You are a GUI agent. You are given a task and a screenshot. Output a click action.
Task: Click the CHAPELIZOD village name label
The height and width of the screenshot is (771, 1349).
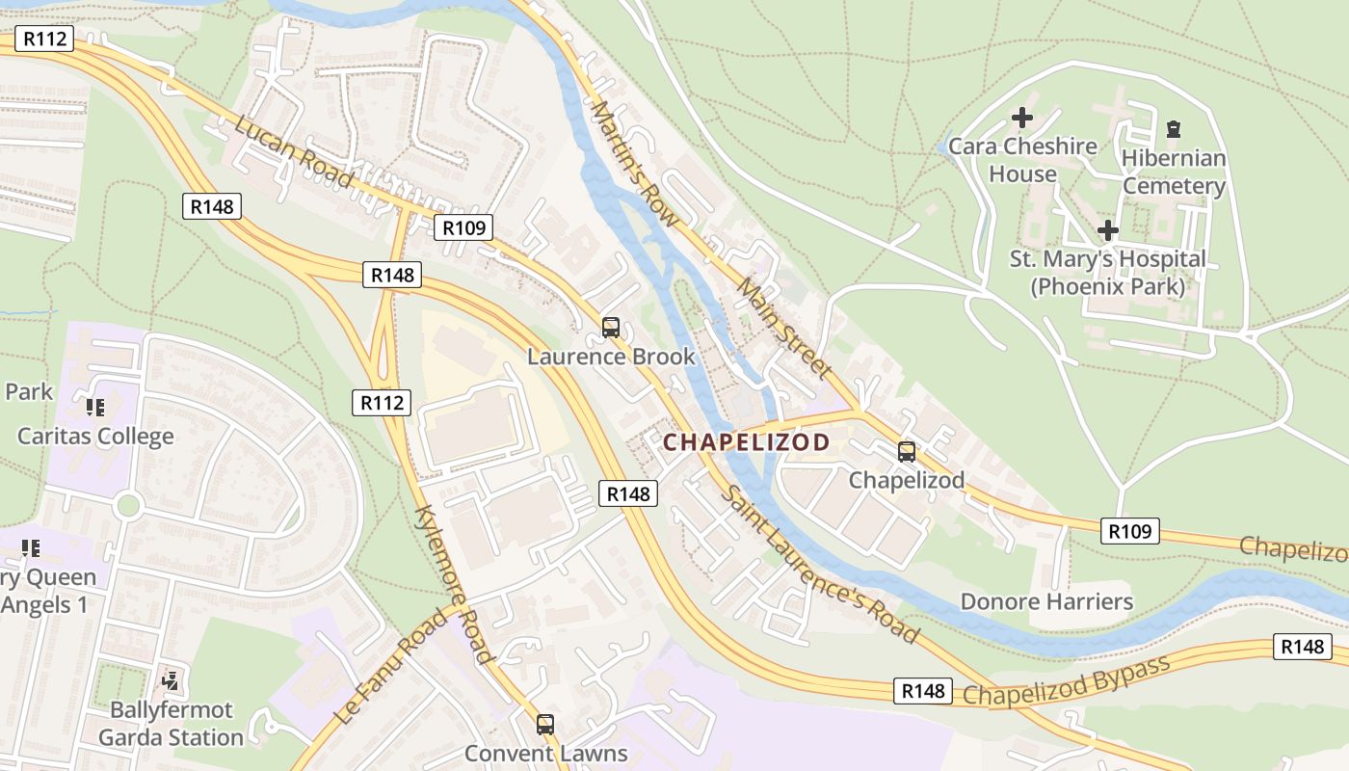coord(747,442)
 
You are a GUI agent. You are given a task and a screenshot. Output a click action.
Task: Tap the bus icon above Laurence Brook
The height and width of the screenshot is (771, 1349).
coord(611,327)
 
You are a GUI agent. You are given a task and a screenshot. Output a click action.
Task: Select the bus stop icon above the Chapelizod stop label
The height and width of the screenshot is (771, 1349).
coord(906,451)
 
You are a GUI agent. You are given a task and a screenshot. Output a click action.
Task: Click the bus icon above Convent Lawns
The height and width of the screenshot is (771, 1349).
coord(545,724)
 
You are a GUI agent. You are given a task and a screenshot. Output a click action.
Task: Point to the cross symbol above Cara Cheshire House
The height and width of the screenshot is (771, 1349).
coord(1021,118)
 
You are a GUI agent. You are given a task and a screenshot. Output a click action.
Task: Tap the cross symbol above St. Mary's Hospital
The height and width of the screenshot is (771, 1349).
coord(1108,230)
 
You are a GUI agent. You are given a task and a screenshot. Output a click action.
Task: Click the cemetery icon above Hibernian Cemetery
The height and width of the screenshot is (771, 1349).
coord(1173,128)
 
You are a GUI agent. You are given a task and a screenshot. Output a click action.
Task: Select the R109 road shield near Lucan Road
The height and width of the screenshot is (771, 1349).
coord(463,227)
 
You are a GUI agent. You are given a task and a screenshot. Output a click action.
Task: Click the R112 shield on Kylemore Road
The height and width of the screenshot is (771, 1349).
coord(381,402)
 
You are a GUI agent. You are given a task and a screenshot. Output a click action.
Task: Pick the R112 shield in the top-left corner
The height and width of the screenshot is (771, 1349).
coord(43,39)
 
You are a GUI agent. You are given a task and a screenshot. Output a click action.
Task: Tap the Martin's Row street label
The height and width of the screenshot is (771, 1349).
coord(636,165)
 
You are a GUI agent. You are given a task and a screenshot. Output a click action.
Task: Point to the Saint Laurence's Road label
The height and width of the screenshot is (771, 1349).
coord(819,564)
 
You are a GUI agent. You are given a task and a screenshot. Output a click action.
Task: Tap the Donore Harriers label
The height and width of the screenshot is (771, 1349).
coord(1045,602)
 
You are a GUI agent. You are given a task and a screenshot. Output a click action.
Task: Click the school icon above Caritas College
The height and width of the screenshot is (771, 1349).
coord(94,408)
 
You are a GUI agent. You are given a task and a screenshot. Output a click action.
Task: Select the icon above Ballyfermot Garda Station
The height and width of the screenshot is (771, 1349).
coord(171,681)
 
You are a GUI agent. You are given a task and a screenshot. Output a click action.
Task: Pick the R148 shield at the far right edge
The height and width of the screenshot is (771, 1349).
coord(1303,647)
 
